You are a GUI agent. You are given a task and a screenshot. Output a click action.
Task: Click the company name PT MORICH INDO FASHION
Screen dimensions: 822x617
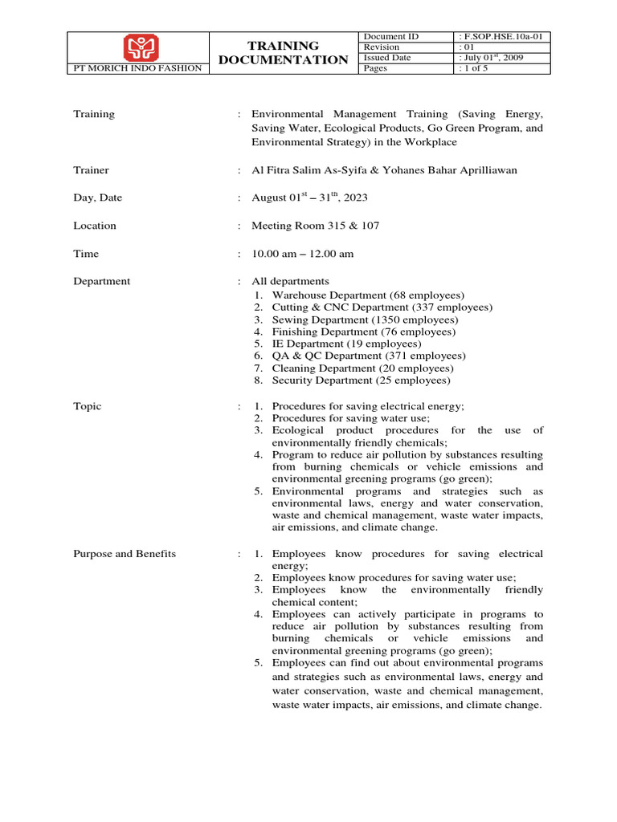pyautogui.click(x=137, y=69)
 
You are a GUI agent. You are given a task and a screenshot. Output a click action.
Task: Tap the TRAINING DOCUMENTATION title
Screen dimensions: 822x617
pyautogui.click(x=283, y=53)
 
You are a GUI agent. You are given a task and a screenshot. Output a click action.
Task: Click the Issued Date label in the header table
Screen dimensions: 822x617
pyautogui.click(x=387, y=58)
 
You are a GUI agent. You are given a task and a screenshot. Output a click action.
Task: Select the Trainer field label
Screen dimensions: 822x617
pyautogui.click(x=91, y=170)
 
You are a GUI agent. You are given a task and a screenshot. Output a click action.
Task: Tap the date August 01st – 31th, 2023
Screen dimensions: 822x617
pyautogui.click(x=311, y=197)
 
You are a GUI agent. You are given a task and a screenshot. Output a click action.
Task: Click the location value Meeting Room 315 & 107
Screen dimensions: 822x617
pyautogui.click(x=315, y=226)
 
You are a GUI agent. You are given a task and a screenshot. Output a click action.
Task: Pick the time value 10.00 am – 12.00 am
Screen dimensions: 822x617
pyautogui.click(x=303, y=254)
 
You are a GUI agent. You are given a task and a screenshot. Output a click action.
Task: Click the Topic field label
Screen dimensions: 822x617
pyautogui.click(x=88, y=406)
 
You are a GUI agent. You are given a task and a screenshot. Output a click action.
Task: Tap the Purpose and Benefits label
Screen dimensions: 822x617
pyautogui.click(x=125, y=554)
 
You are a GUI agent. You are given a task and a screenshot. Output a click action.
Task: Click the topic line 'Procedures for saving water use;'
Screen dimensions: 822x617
pyautogui.click(x=350, y=418)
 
